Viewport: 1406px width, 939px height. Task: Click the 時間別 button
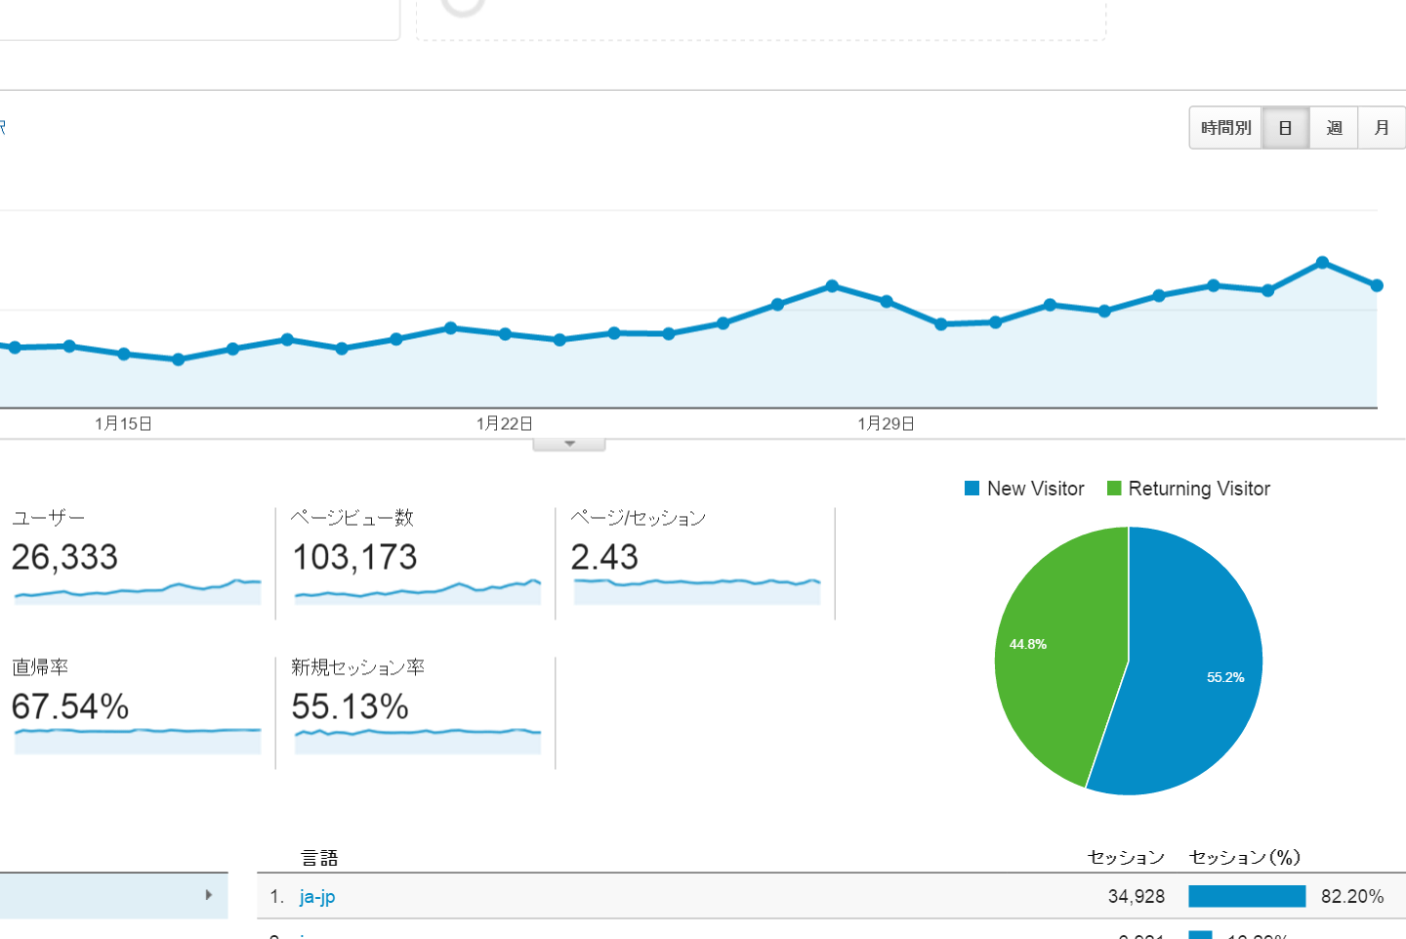[x=1225, y=128]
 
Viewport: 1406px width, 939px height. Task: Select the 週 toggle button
[x=1334, y=128]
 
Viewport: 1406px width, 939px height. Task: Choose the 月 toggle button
[x=1382, y=128]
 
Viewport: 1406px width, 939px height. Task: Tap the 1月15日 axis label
[x=123, y=423]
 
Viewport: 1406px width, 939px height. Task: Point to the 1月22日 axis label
[x=505, y=423]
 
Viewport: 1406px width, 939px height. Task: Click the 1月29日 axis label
[x=886, y=423]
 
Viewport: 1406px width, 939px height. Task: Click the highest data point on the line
[x=1322, y=263]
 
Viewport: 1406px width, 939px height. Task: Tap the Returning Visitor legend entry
[x=1189, y=489]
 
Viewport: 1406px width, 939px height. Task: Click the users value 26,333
[x=64, y=557]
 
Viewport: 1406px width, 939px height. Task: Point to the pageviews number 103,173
[x=354, y=557]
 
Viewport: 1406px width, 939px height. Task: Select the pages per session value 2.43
[x=604, y=557]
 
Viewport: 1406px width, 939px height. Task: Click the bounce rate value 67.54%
[x=70, y=706]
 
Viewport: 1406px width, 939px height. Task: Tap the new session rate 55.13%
[x=350, y=706]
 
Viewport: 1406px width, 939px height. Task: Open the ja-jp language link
[x=317, y=896]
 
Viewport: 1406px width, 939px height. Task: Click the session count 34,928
[x=1136, y=896]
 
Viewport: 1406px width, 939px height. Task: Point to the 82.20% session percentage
[x=1352, y=896]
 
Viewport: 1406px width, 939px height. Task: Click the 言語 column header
[x=319, y=858]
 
